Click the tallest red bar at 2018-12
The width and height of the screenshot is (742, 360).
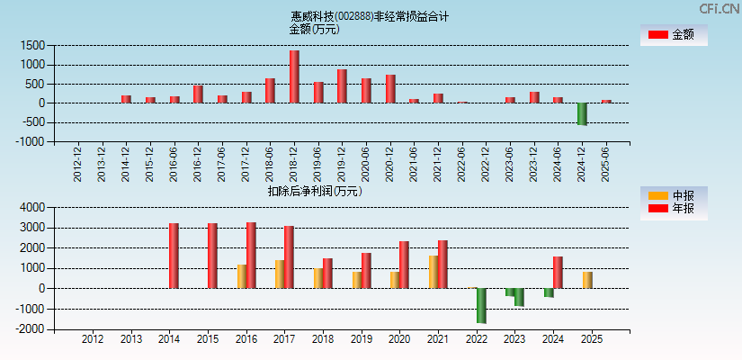(294, 76)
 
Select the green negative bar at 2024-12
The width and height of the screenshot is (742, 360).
(582, 113)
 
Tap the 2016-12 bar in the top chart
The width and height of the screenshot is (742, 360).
(198, 94)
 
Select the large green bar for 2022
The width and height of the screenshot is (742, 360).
(481, 305)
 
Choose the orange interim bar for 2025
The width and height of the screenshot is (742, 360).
(586, 280)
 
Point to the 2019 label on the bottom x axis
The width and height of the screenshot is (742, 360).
(361, 339)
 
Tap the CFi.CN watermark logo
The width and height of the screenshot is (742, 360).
(720, 8)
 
